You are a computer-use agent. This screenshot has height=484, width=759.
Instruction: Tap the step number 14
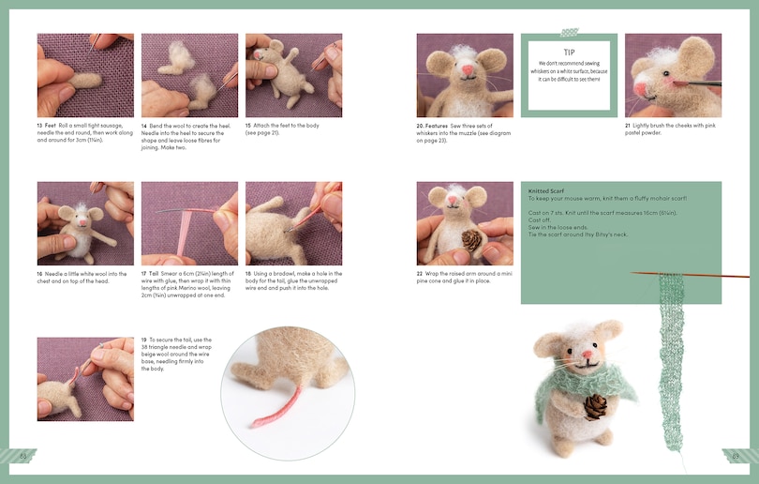(x=144, y=125)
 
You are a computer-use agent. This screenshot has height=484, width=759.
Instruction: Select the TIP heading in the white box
(x=569, y=53)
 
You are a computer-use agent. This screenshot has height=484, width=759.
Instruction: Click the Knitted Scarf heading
(x=546, y=190)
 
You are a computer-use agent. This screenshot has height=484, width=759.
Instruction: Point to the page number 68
(x=24, y=456)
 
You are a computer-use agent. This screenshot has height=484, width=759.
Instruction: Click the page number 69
(x=736, y=456)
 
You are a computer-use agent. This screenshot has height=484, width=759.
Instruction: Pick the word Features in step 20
(x=437, y=125)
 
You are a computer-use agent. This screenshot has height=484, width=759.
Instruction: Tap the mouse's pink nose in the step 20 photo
(x=465, y=68)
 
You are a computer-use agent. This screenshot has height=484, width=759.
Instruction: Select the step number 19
(x=144, y=339)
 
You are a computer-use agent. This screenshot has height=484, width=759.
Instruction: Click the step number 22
(x=420, y=273)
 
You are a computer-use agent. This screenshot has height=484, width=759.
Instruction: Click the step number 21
(x=628, y=125)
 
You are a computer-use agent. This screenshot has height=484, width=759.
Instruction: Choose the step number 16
(x=40, y=273)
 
